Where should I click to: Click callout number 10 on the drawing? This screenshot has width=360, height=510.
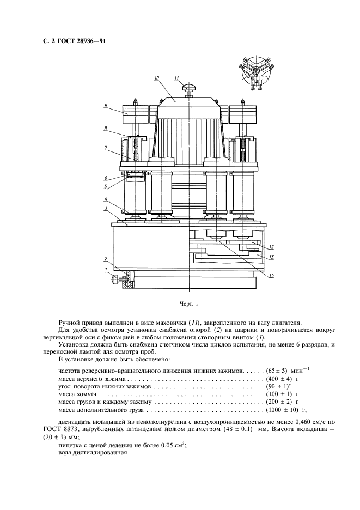(x=156, y=79)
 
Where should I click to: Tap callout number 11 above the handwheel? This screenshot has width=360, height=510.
(x=176, y=79)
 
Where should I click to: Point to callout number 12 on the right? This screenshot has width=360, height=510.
(x=270, y=247)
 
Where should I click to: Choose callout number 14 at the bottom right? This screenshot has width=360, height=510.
(x=270, y=276)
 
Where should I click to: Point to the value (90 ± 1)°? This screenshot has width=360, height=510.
(x=277, y=385)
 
